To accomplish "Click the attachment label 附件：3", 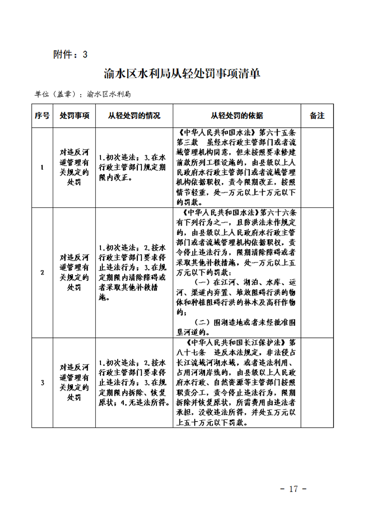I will (71, 55).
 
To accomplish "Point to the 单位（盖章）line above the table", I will (82, 94).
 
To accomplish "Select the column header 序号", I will (42, 116).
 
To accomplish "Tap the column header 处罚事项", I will (75, 116).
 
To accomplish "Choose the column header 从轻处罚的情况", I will (134, 116).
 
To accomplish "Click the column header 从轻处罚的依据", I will (237, 116).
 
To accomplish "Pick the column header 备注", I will (317, 116).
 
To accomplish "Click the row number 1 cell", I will (42, 168).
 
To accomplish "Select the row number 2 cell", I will (42, 272).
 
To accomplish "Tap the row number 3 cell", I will (42, 383).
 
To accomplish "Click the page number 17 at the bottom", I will (293, 489).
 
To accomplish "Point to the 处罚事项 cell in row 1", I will (75, 168).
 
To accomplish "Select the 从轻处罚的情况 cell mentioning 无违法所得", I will (134, 383).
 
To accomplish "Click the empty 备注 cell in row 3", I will (317, 383).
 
